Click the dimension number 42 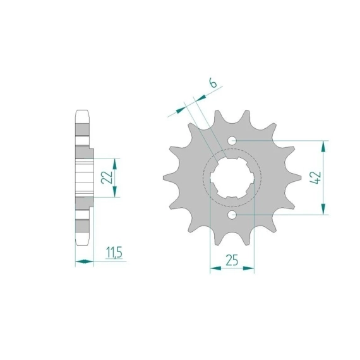[x=315, y=177]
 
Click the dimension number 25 [x=232, y=260]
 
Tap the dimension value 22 [x=107, y=177]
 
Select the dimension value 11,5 [x=114, y=253]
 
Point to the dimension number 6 [x=213, y=83]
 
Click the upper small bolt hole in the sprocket [x=232, y=140]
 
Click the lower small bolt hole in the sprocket [x=232, y=215]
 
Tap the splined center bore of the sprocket [x=232, y=177]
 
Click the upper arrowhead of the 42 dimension [x=323, y=147]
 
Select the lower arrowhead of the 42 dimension [x=323, y=209]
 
